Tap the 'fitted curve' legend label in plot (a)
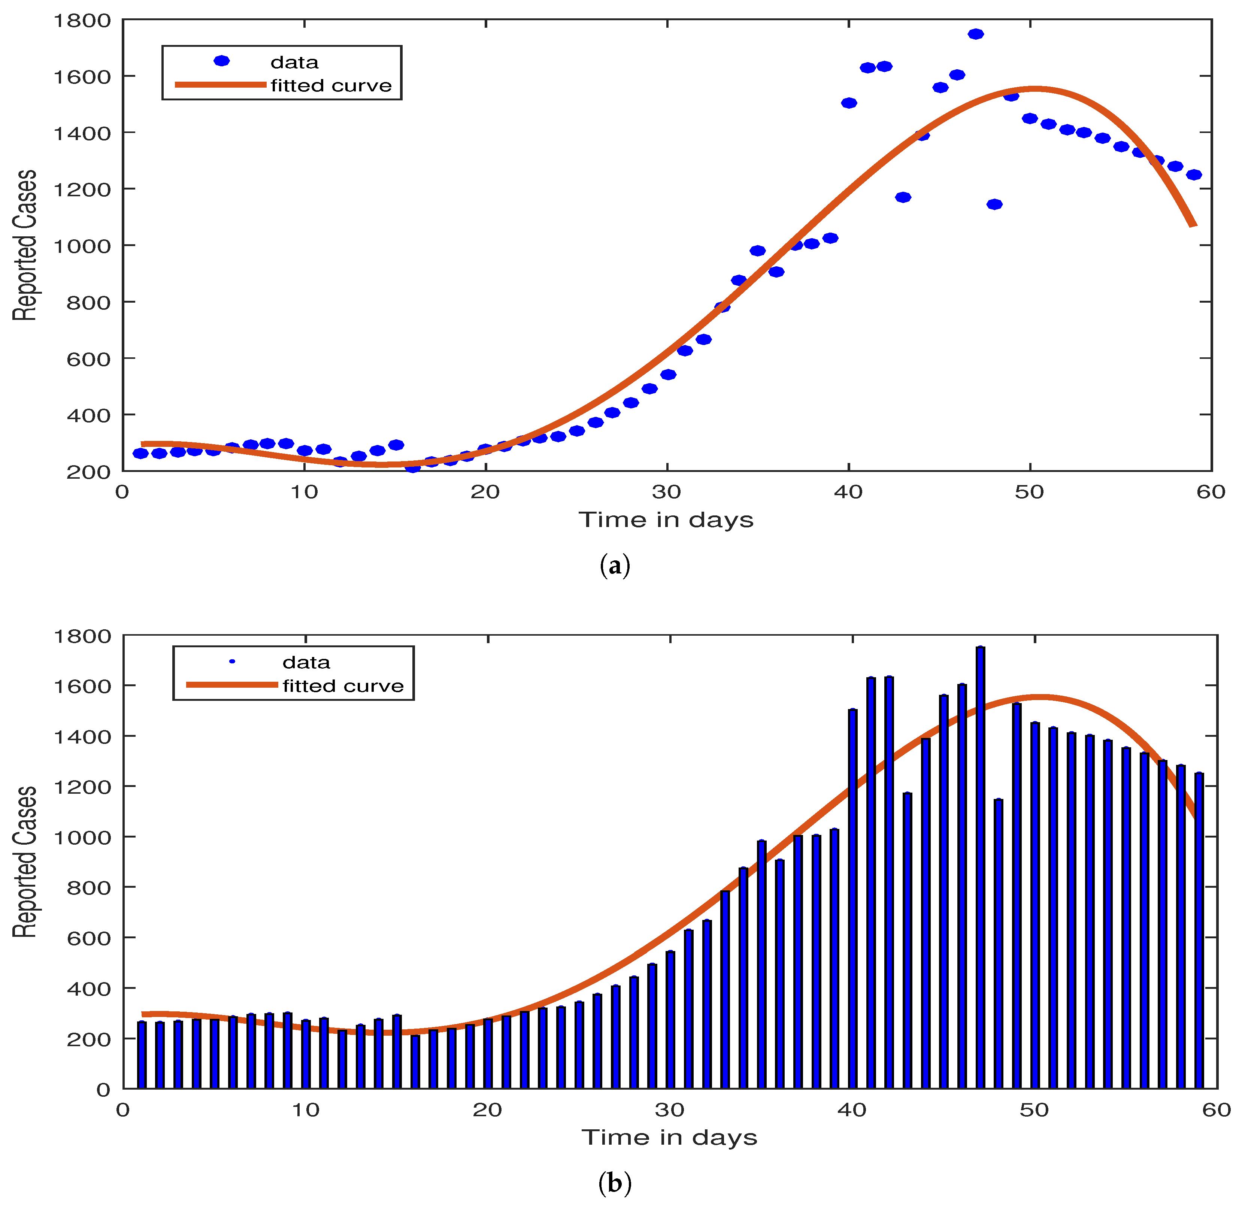point(331,85)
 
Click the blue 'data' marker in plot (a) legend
point(221,61)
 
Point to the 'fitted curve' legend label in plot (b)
point(343,686)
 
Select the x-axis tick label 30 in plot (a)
point(666,492)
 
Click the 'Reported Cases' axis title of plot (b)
point(25,862)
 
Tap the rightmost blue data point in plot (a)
point(1194,175)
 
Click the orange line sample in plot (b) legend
point(231,685)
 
